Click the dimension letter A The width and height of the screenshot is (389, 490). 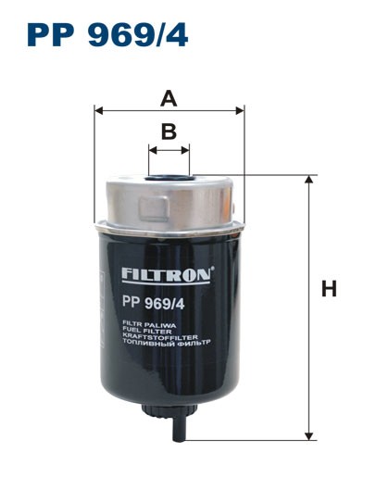point(169,97)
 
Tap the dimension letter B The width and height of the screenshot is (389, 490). point(169,131)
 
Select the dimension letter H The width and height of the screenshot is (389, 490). point(328,289)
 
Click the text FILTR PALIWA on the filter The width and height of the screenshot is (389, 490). point(141,325)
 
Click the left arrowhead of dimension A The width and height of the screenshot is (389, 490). point(98,109)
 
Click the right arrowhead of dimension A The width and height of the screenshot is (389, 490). point(240,109)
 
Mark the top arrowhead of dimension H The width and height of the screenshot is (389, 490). point(308,179)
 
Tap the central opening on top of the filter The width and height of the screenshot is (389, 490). point(169,170)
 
